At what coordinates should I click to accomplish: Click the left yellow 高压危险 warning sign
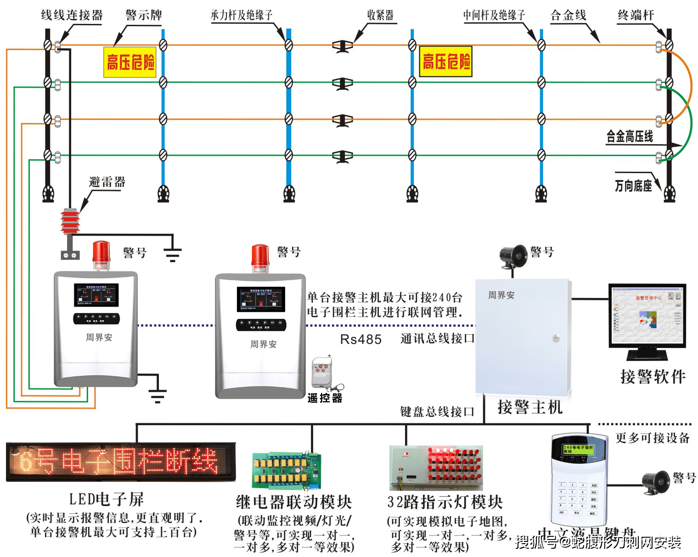pyautogui.click(x=130, y=62)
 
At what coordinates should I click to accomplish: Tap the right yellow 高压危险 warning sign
pyautogui.click(x=445, y=61)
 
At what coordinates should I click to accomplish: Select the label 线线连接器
pyautogui.click(x=72, y=15)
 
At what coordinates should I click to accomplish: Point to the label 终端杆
pyautogui.click(x=636, y=15)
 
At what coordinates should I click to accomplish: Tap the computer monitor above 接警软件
pyautogui.click(x=647, y=316)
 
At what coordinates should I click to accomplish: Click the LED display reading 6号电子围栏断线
pyautogui.click(x=120, y=461)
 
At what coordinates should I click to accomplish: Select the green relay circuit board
pyautogui.click(x=286, y=471)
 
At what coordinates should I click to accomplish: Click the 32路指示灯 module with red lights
pyautogui.click(x=436, y=468)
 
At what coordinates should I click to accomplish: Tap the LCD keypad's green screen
pyautogui.click(x=578, y=449)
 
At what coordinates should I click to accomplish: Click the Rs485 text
pyautogui.click(x=360, y=339)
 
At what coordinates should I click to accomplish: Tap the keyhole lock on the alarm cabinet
pyautogui.click(x=557, y=338)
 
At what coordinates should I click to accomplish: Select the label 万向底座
pyautogui.click(x=633, y=186)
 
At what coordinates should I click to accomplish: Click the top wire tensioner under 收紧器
pyautogui.click(x=343, y=46)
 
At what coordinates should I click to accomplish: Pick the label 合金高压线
pyautogui.click(x=629, y=136)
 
